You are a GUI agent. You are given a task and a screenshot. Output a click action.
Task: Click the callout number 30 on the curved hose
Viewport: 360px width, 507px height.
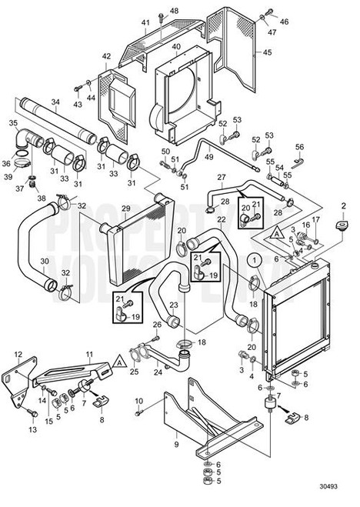click(44, 262)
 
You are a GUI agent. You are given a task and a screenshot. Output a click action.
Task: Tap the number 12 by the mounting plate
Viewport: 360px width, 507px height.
click(17, 355)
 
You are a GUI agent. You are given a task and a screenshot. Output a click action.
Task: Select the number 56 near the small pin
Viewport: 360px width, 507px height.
click(300, 146)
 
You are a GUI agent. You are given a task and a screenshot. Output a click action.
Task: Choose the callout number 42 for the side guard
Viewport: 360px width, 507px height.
click(106, 56)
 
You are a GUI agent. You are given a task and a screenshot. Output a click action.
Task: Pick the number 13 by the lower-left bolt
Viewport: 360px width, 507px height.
click(33, 429)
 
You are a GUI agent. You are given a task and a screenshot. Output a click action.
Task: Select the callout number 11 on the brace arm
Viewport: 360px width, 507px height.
click(89, 355)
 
